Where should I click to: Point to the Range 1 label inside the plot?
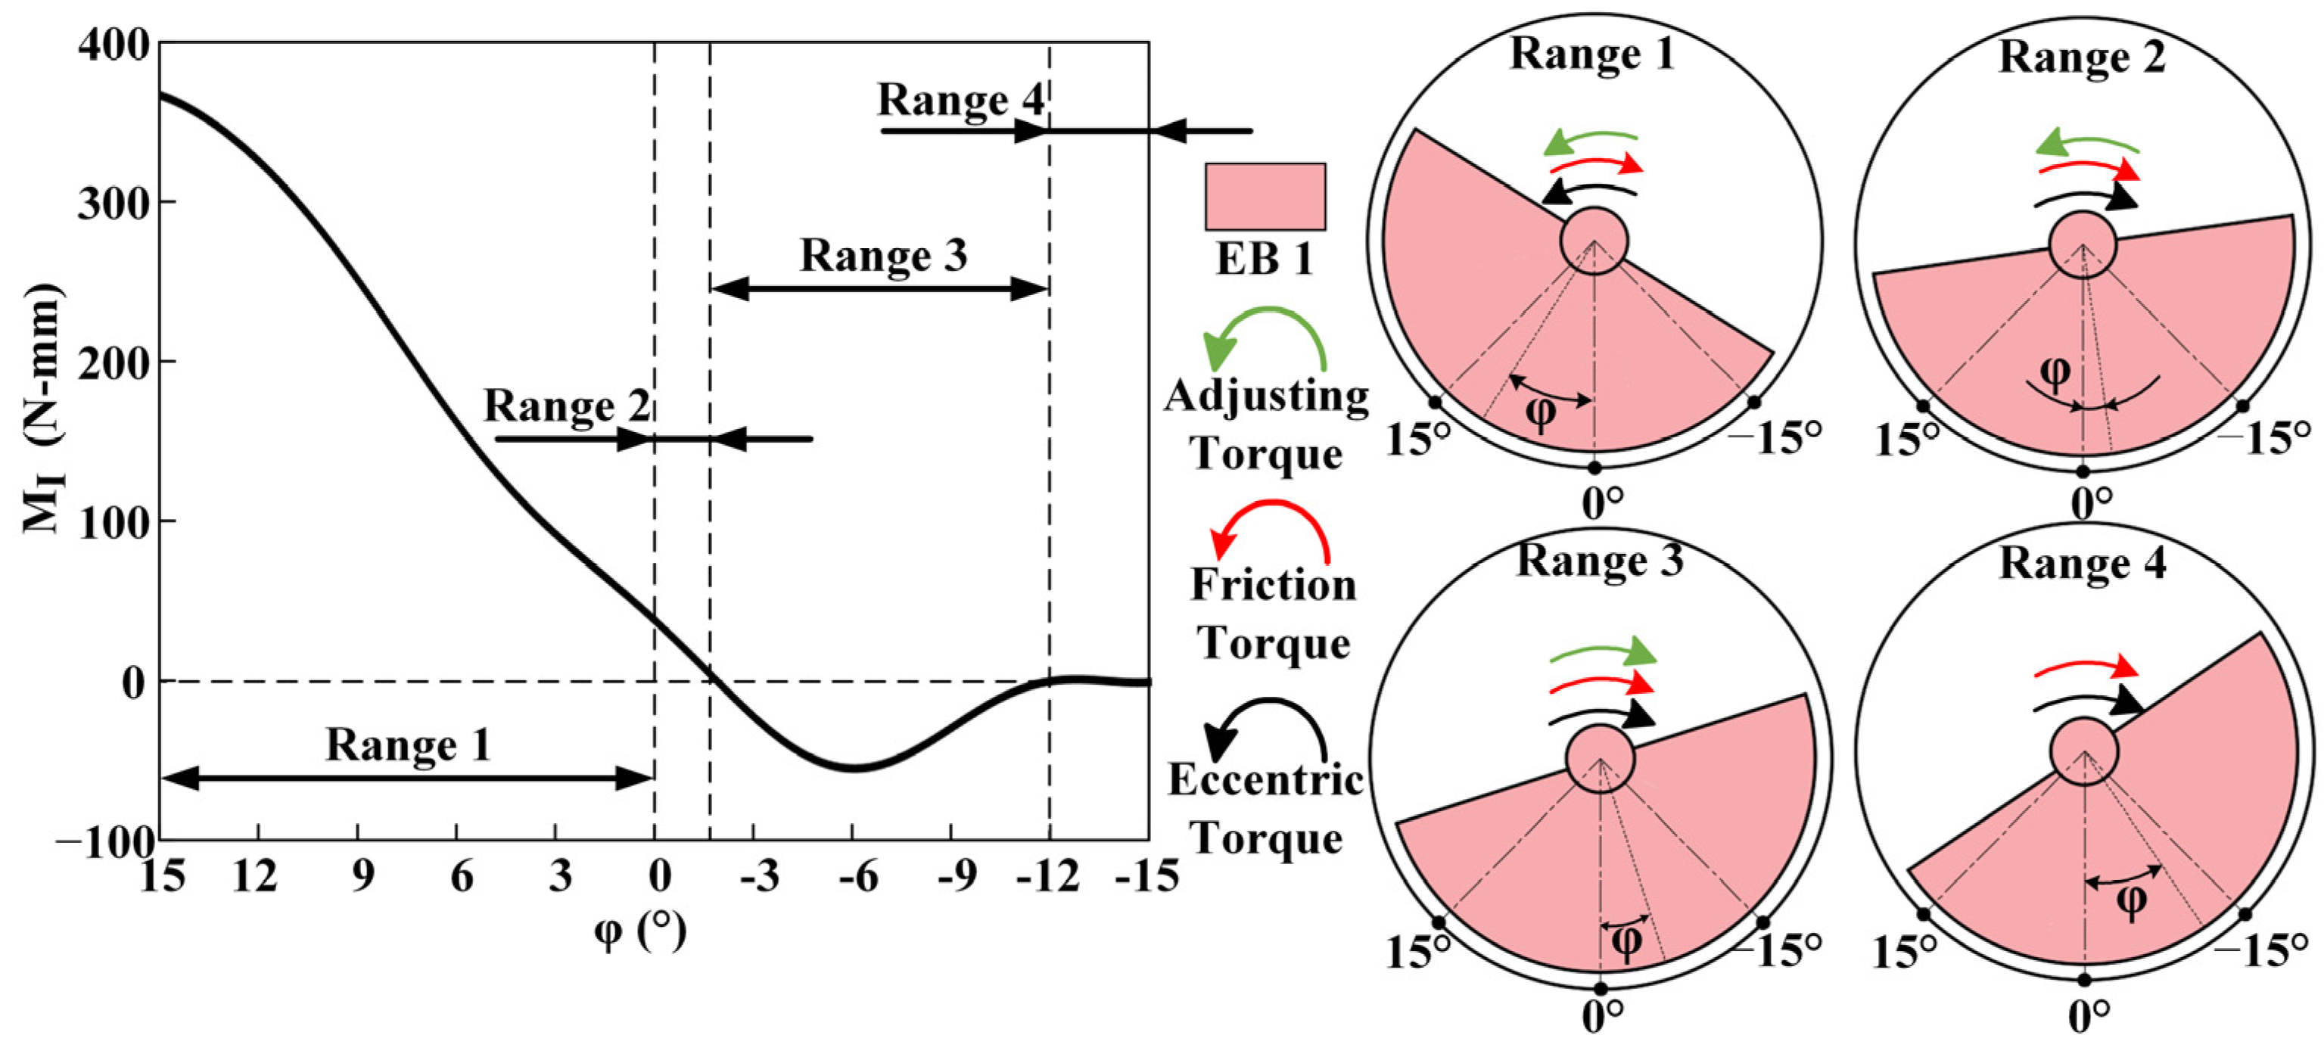coord(408,745)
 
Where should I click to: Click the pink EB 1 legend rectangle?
coord(1265,197)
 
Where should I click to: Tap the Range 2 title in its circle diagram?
coord(2081,57)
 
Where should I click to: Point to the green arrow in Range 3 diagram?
coord(1603,652)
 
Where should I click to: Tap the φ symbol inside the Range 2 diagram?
coord(2055,371)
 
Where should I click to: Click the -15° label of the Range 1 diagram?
coord(1774,439)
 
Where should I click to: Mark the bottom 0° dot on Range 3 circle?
coord(1601,989)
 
